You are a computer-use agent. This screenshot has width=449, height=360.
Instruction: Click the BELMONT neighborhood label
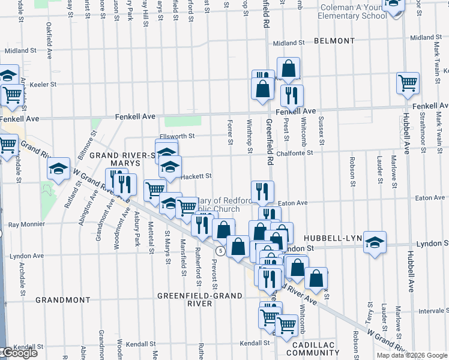pyautogui.click(x=334, y=41)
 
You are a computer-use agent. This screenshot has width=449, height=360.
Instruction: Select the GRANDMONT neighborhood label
pyautogui.click(x=62, y=299)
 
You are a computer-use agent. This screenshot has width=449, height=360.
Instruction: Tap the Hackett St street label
pyautogui.click(x=196, y=176)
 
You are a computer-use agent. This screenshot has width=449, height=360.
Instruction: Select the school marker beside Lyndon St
pyautogui.click(x=375, y=242)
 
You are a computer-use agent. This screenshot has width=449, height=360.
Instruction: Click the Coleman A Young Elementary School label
pyautogui.click(x=354, y=12)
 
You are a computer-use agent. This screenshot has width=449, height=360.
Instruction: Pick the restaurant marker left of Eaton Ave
pyautogui.click(x=262, y=191)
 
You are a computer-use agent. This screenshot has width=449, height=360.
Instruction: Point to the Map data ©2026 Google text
pyautogui.click(x=411, y=355)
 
